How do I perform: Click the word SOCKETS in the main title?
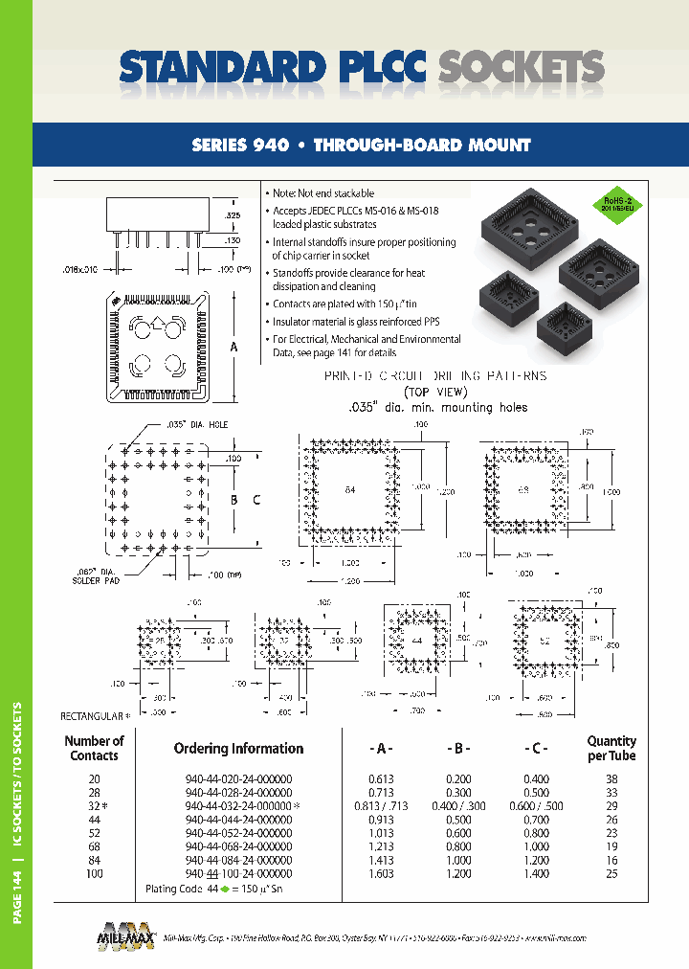[x=521, y=68]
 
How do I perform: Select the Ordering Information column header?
[x=238, y=749]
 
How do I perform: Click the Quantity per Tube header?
[x=611, y=748]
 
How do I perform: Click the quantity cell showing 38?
[x=611, y=779]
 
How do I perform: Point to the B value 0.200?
[x=462, y=779]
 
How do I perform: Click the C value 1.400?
[x=536, y=873]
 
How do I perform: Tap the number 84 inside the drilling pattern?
[x=349, y=490]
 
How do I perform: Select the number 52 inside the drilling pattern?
[x=545, y=641]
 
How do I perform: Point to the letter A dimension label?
[x=234, y=348]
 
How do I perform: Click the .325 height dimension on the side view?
[x=231, y=216]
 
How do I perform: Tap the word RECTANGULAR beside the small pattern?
[x=93, y=715]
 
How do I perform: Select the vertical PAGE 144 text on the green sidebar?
[x=16, y=901]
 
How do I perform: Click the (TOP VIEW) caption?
[x=434, y=392]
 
